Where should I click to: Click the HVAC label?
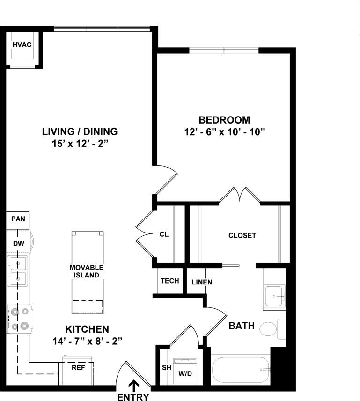[x=22, y=44]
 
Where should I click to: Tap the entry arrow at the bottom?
[x=134, y=385]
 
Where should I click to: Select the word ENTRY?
[x=133, y=397]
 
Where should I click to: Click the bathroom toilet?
[x=269, y=329]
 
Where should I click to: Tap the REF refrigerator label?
[x=78, y=368]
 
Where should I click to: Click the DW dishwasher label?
[x=18, y=243]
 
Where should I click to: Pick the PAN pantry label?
[x=18, y=219]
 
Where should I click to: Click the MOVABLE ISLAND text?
[x=86, y=271]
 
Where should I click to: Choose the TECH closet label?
[x=170, y=281]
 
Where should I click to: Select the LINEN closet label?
[x=202, y=282]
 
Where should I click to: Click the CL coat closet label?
[x=164, y=234]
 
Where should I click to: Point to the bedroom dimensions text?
[x=225, y=132]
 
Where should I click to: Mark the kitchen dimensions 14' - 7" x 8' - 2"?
[x=88, y=341]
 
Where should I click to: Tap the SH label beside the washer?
[x=166, y=367]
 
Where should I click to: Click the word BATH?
[x=242, y=326]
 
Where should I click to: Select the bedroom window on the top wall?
[x=224, y=50]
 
